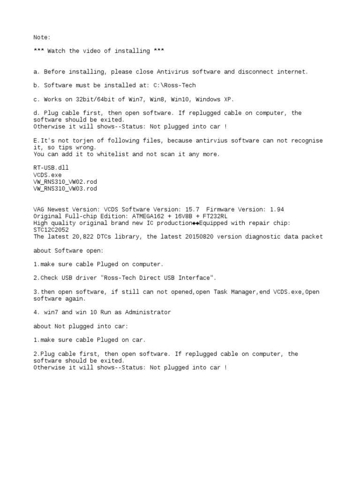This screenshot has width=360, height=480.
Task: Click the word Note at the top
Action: point(41,37)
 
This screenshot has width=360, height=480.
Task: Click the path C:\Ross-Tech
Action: point(174,85)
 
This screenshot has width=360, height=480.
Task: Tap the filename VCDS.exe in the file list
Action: point(47,174)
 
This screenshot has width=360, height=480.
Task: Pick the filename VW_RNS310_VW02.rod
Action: point(65,181)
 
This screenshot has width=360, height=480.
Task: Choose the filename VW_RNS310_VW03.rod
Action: point(65,188)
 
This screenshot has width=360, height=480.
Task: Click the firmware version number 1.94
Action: point(277,210)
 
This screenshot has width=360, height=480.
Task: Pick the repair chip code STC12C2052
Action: point(51,230)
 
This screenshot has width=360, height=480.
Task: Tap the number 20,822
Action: point(90,237)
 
